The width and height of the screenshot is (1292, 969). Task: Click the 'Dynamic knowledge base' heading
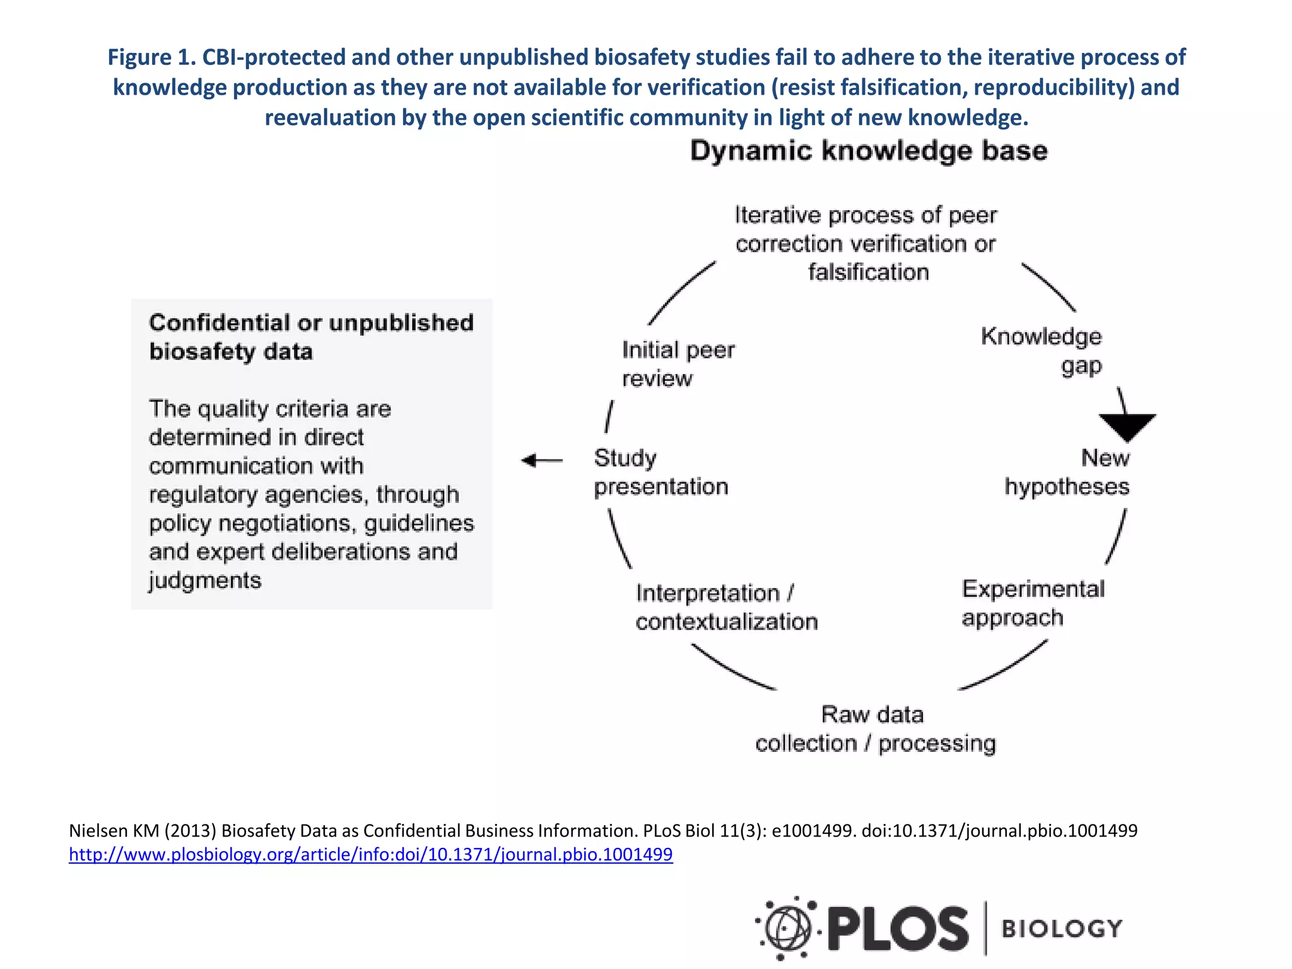[869, 151]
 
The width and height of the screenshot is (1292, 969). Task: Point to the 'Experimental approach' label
[1033, 603]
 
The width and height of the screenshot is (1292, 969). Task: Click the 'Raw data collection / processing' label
[875, 729]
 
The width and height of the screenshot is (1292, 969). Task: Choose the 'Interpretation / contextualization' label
[726, 608]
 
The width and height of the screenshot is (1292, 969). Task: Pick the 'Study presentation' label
[661, 472]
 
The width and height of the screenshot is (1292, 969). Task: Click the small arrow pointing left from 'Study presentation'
[541, 461]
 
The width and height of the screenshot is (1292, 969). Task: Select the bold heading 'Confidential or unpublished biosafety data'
[311, 337]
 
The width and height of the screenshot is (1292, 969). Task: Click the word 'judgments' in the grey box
[205, 580]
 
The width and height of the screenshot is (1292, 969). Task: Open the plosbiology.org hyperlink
[371, 854]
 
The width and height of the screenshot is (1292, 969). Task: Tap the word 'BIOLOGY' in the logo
[1062, 929]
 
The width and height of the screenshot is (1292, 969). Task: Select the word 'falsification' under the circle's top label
[868, 272]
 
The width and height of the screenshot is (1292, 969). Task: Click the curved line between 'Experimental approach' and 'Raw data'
[1005, 667]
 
